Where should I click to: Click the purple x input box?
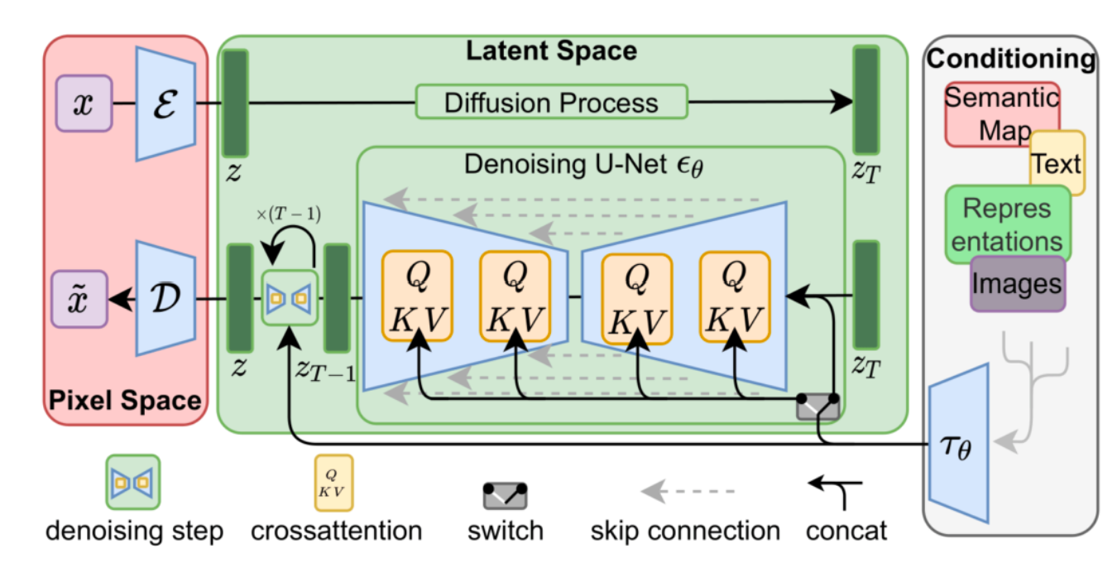(83, 103)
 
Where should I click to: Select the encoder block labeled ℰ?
(165, 103)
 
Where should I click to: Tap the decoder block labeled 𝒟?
(165, 297)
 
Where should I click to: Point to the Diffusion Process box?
(551, 102)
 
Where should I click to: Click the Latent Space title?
(551, 51)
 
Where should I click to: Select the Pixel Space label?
(123, 401)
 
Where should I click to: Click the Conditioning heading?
(1010, 59)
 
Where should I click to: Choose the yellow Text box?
(1057, 163)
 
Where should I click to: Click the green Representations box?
(1007, 224)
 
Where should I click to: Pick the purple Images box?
(1017, 284)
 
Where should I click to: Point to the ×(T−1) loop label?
(289, 214)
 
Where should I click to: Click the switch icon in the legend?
(505, 495)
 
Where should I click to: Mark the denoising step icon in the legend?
(132, 481)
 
